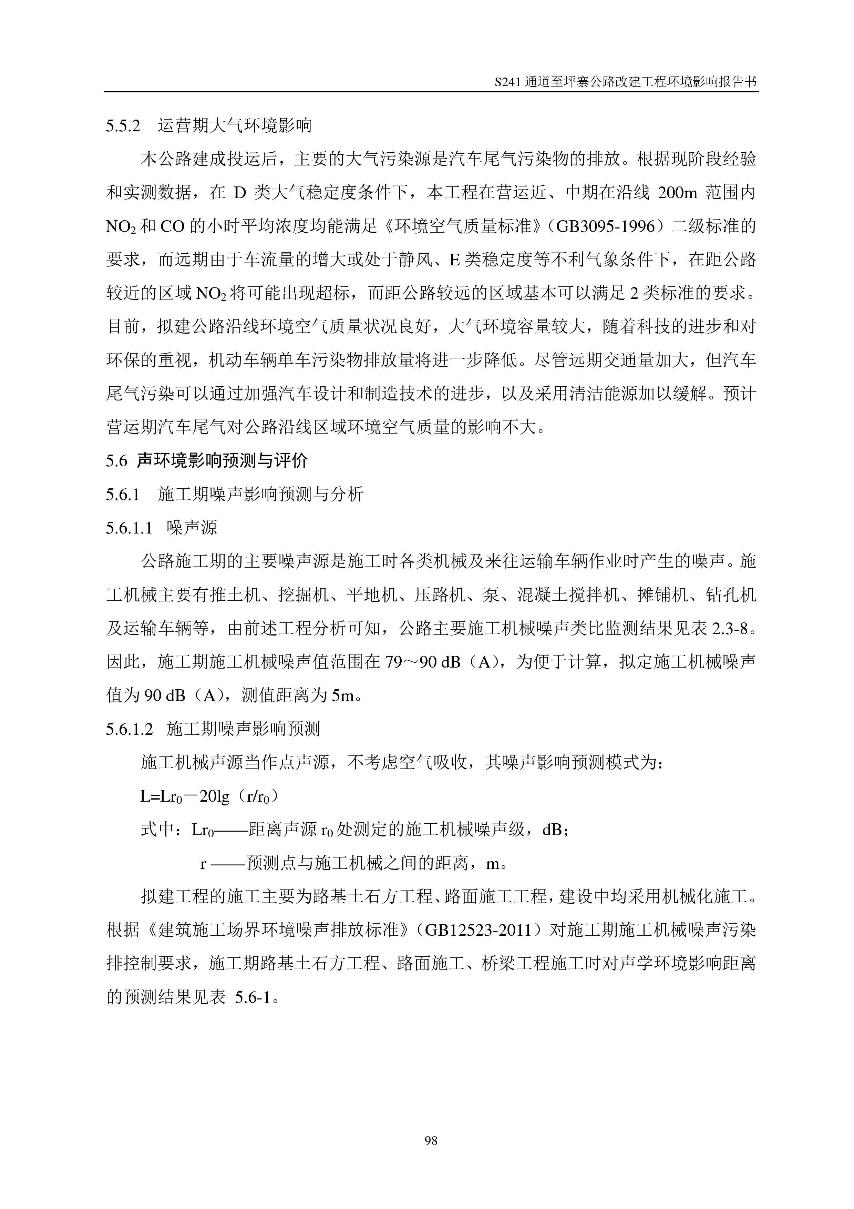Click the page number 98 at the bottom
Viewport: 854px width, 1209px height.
pos(430,1140)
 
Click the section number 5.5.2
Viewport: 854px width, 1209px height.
pos(123,126)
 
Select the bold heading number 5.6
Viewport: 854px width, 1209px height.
pos(116,461)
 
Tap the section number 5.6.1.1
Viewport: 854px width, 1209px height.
pos(129,528)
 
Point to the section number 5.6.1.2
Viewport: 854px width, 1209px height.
pos(129,729)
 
